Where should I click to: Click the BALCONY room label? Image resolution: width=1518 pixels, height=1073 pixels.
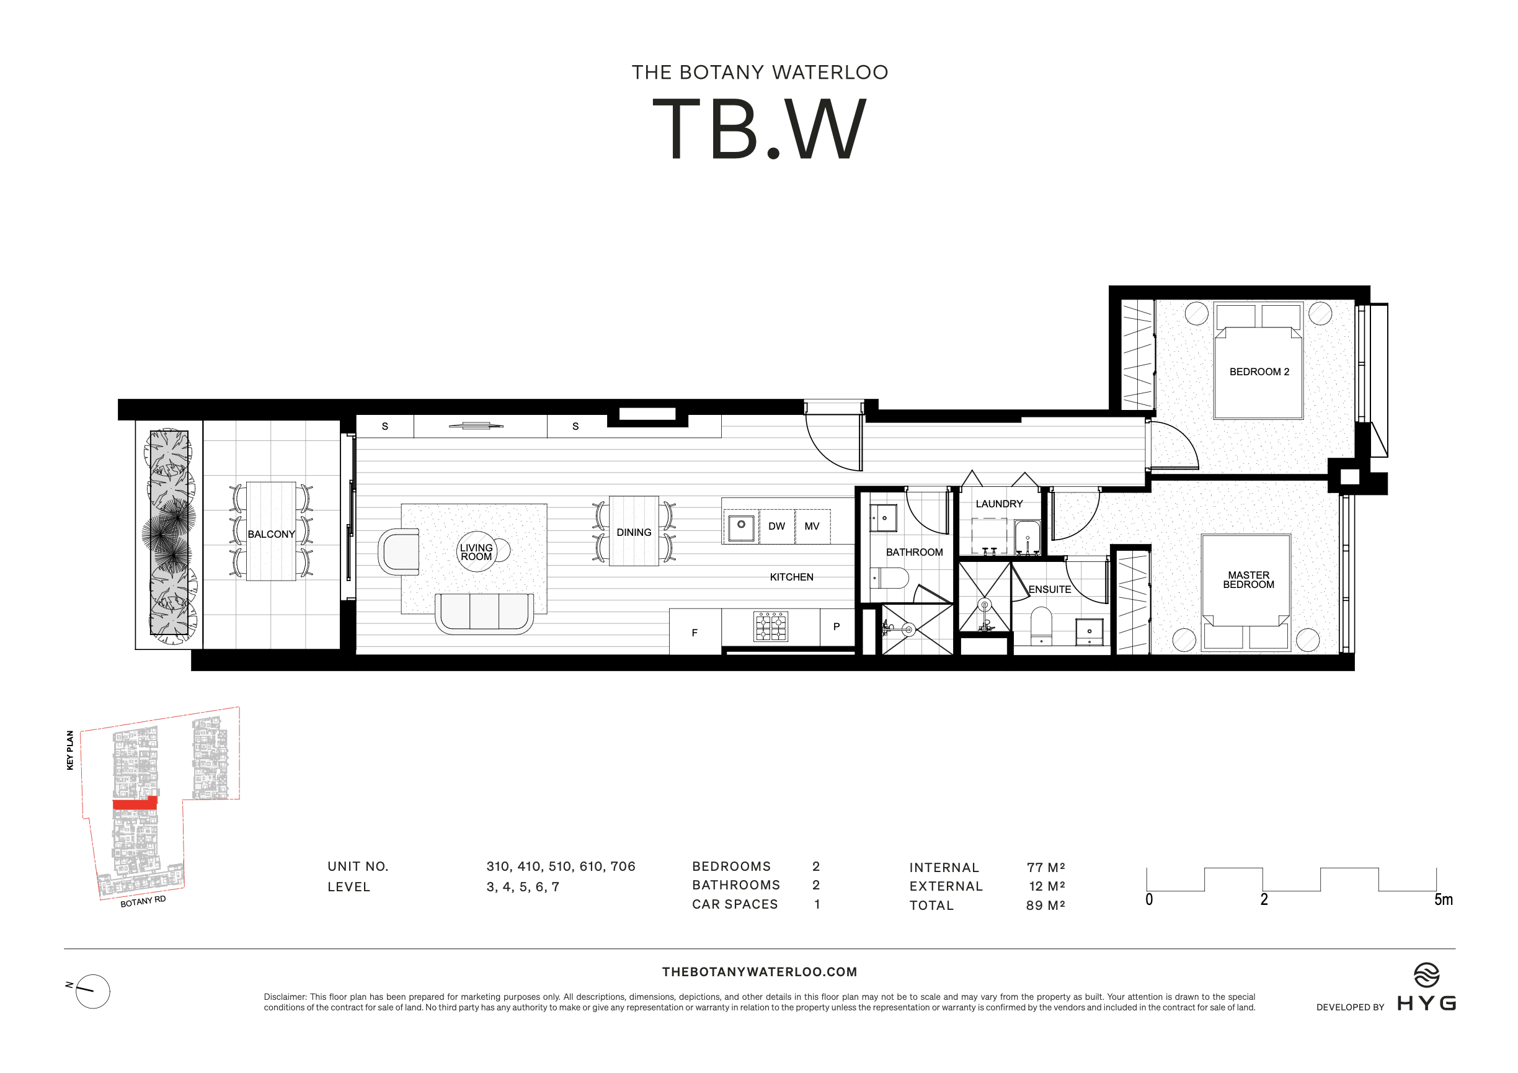coord(271,534)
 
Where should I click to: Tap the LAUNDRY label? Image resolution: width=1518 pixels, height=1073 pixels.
coord(999,504)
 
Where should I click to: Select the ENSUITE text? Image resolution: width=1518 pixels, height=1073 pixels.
coord(1049,589)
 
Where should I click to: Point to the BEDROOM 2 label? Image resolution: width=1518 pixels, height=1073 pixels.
coord(1259,372)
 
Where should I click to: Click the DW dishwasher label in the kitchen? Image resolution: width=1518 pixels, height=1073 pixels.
coord(776,526)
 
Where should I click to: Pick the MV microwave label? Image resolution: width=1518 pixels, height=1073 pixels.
coord(812,526)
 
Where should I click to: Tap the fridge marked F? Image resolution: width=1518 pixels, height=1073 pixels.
coord(695,633)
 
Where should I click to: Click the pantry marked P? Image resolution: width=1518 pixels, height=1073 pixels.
coord(837,626)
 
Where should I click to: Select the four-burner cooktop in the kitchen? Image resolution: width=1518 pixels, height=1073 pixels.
coord(771,626)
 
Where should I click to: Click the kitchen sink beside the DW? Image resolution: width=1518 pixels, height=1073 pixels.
coord(741,526)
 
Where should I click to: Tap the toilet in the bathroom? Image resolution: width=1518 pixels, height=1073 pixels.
coord(890,578)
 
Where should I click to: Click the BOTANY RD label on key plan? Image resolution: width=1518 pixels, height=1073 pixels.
coord(143,901)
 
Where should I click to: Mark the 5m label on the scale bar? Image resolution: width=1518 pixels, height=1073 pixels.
coord(1444,900)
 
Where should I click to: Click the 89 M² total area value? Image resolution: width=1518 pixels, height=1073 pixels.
coord(1045,906)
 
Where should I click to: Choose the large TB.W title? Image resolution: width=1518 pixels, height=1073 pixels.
coord(759,129)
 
